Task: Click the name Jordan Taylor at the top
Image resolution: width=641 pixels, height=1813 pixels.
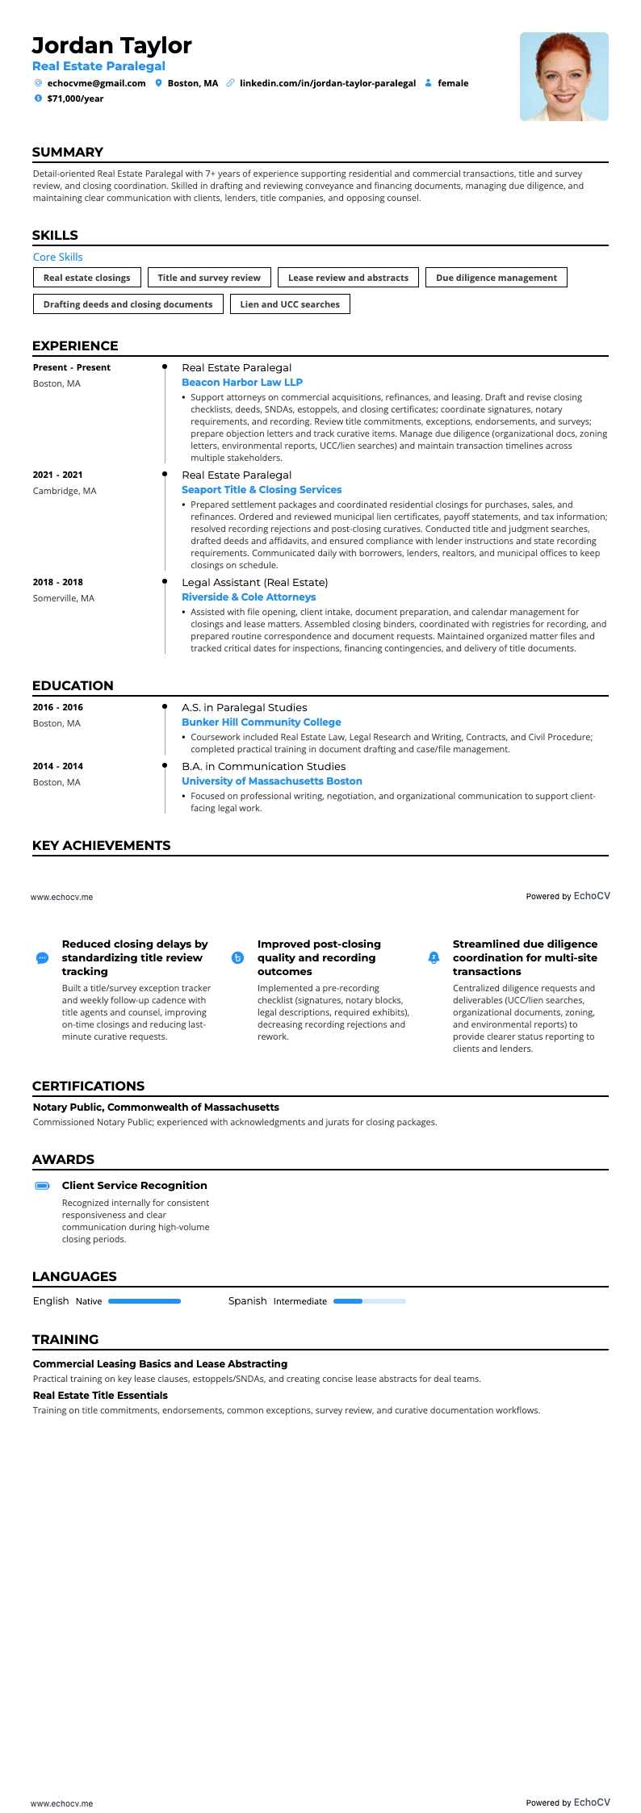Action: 111,45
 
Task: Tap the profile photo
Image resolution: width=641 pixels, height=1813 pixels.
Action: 563,77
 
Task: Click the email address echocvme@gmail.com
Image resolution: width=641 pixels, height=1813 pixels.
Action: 96,83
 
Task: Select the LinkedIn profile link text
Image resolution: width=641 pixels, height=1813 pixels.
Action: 328,83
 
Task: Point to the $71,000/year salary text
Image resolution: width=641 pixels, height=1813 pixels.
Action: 75,98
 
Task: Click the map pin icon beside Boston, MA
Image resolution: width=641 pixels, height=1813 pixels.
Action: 159,83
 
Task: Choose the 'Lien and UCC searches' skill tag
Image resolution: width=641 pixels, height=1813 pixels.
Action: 290,304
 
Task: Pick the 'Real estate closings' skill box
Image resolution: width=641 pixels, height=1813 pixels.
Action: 87,278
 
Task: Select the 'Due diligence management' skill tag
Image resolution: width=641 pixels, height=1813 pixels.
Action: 496,278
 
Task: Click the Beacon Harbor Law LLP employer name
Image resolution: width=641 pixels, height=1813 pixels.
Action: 242,383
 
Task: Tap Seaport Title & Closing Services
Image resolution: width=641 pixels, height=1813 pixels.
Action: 262,490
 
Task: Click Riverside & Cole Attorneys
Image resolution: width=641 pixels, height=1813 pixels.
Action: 249,597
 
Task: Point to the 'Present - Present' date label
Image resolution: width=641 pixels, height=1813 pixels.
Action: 72,367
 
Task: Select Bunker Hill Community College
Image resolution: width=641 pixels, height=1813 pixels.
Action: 262,722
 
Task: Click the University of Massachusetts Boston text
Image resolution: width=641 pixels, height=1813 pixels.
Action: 272,781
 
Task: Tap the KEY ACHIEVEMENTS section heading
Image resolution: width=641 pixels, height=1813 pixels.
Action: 102,846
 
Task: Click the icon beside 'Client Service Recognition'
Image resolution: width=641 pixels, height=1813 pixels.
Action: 43,1186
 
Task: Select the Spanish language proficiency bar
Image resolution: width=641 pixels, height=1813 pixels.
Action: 369,1301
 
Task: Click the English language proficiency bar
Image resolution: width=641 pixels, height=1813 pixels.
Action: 145,1301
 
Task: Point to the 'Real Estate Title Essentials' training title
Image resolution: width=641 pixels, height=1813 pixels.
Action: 100,1396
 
